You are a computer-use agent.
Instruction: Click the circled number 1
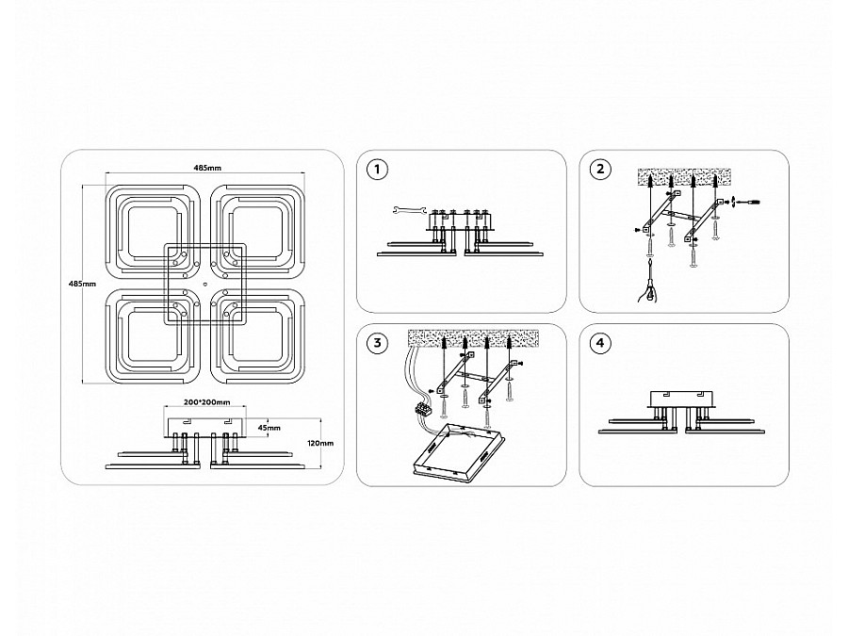coord(377,170)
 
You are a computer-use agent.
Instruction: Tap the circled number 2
coord(600,170)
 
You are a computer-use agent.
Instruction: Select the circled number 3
coord(377,343)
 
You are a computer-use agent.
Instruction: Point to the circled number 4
coord(600,343)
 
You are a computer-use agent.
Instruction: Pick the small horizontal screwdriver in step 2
coord(749,202)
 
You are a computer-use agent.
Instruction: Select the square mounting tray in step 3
coord(460,451)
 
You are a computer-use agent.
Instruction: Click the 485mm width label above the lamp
coord(207,167)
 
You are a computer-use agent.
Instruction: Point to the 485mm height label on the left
coord(82,284)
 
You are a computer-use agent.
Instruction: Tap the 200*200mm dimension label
coord(207,401)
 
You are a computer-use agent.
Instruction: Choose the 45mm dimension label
coord(269,427)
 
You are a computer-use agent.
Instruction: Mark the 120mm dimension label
coord(320,443)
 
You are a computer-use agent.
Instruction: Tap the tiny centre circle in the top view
coord(205,284)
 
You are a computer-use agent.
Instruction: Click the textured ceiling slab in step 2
coord(684,177)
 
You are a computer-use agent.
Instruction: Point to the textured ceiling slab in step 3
coord(473,337)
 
